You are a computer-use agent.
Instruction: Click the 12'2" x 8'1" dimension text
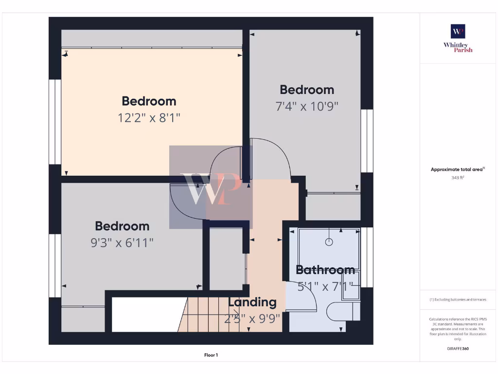pyautogui.click(x=149, y=118)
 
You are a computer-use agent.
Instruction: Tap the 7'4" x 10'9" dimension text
pyautogui.click(x=307, y=106)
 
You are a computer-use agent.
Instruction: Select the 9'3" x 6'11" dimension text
pyautogui.click(x=122, y=243)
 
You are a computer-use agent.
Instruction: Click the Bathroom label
pyautogui.click(x=325, y=270)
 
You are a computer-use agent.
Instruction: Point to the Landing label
pyautogui.click(x=252, y=302)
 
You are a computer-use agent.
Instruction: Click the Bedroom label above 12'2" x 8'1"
pyautogui.click(x=149, y=101)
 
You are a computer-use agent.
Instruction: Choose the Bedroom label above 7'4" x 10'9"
pyautogui.click(x=307, y=90)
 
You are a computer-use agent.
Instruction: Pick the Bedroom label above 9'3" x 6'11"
pyautogui.click(x=122, y=226)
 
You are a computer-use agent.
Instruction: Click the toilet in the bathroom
pyautogui.click(x=343, y=311)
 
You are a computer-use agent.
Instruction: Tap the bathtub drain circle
pyautogui.click(x=329, y=241)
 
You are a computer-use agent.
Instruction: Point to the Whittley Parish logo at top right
pyautogui.click(x=458, y=38)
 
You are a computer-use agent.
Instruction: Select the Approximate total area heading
pyautogui.click(x=457, y=169)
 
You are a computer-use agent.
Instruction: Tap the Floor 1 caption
pyautogui.click(x=211, y=355)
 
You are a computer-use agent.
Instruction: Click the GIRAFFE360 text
pyautogui.click(x=458, y=349)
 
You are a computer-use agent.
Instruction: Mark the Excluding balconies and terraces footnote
pyautogui.click(x=458, y=299)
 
